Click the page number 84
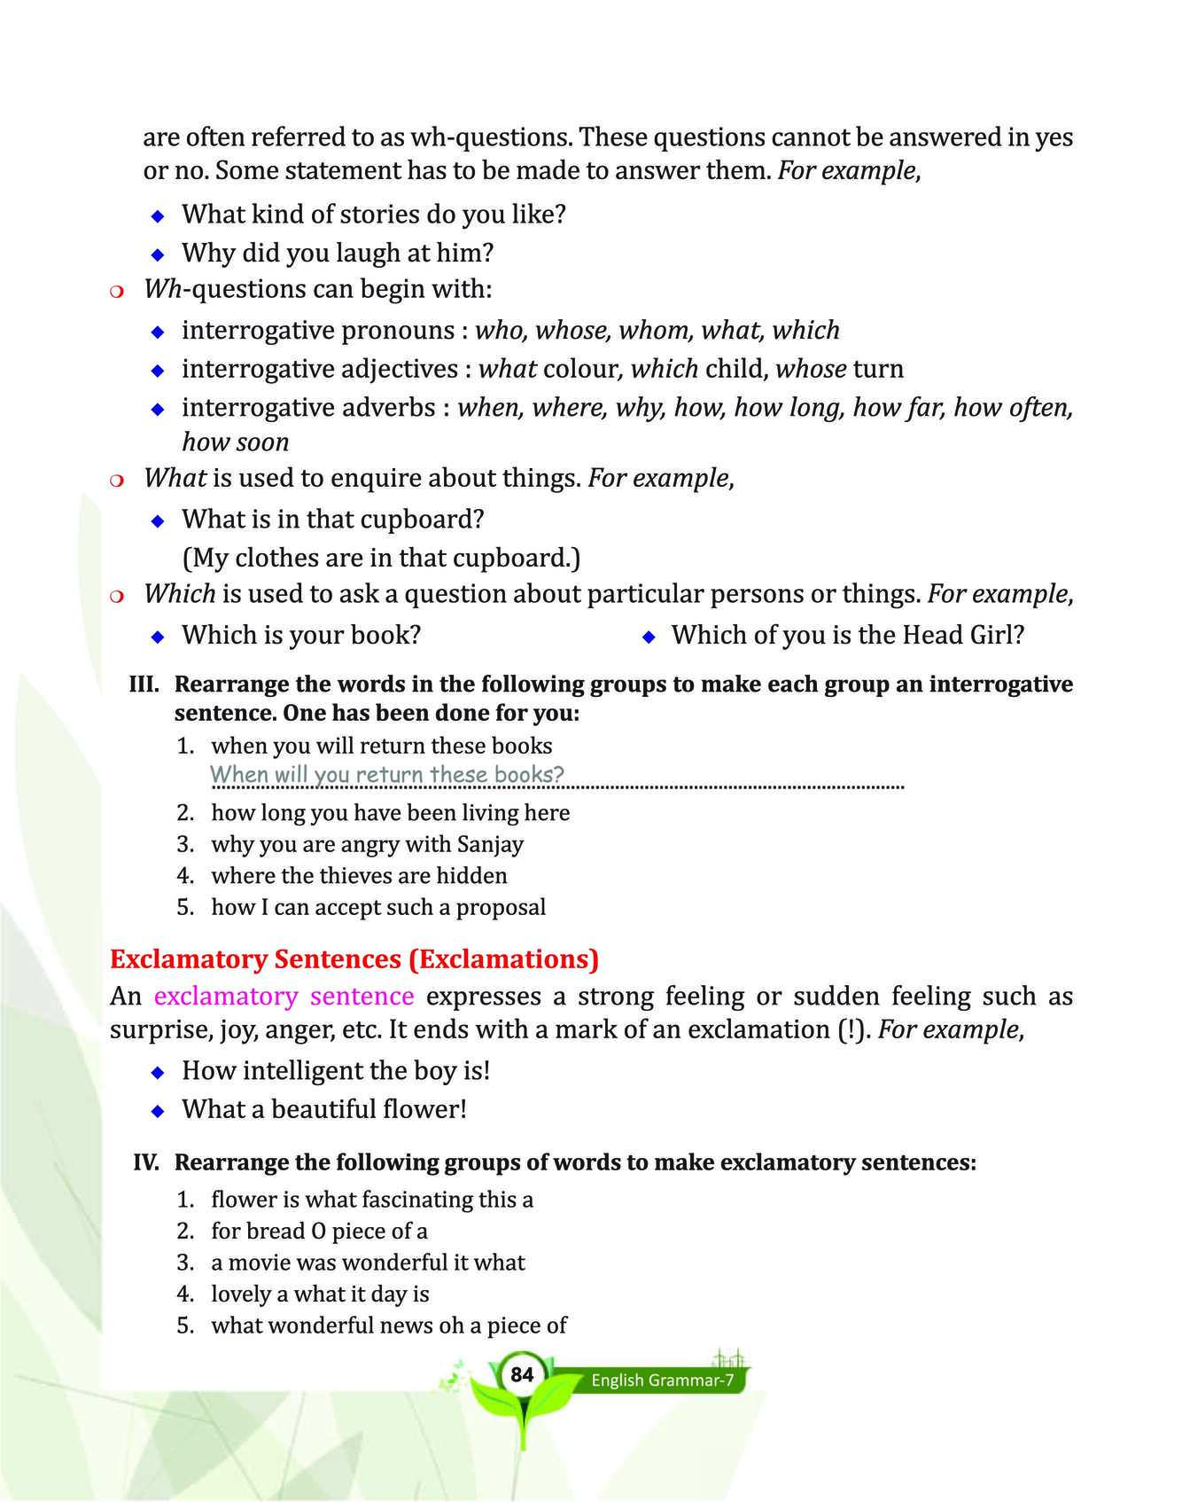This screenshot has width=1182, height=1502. (522, 1375)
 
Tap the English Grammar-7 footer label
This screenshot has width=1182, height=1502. (663, 1381)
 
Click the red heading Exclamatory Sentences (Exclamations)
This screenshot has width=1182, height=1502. (354, 959)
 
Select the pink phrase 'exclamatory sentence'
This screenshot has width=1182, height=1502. (284, 996)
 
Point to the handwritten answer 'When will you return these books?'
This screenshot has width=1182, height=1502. (387, 774)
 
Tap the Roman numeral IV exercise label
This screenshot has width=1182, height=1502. (146, 1162)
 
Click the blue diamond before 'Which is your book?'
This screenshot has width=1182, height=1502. (158, 637)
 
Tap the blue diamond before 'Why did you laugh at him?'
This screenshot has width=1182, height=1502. (158, 254)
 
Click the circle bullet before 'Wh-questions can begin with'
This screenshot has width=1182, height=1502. (115, 291)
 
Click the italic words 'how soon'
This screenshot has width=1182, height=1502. (235, 442)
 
